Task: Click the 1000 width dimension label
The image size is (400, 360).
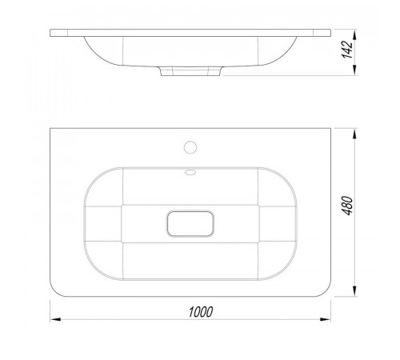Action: [x=201, y=312]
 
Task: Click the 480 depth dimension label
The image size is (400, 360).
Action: [x=347, y=206]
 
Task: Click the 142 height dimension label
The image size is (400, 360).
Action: [x=347, y=50]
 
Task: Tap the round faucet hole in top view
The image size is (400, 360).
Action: [x=190, y=147]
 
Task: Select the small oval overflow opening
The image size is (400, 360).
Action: [x=190, y=172]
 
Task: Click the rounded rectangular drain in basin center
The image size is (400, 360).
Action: [x=190, y=223]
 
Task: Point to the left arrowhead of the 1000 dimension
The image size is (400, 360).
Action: [x=55, y=319]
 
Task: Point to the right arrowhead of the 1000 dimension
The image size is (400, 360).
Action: [x=326, y=319]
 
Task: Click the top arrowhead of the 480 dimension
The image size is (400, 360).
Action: [x=354, y=134]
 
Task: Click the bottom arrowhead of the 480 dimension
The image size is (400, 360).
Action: [x=354, y=290]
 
